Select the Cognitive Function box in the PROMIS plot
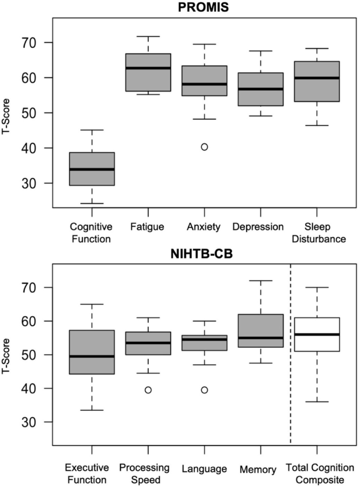(92, 169)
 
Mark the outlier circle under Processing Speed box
(148, 390)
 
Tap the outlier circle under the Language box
(204, 390)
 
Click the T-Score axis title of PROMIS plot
(6, 113)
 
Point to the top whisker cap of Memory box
(261, 281)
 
